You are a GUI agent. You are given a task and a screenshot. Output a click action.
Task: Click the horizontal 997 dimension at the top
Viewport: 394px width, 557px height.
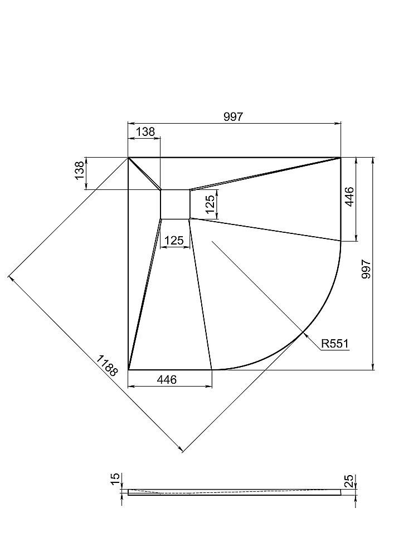coord(233,117)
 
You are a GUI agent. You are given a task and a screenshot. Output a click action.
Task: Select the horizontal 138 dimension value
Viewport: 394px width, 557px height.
coord(145,131)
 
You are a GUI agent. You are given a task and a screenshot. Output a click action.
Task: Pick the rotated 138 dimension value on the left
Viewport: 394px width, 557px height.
coord(80,170)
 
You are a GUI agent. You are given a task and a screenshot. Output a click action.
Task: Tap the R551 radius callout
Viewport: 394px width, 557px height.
coord(335,344)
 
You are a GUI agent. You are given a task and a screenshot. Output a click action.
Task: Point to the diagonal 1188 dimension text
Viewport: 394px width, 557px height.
coord(106,365)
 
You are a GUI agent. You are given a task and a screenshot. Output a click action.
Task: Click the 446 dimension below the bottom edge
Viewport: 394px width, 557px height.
coord(167,379)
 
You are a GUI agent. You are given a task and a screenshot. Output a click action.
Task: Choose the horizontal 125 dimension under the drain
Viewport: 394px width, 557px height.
coord(174,241)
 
